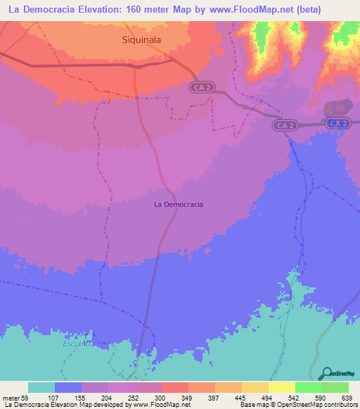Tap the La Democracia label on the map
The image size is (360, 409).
[x=179, y=204]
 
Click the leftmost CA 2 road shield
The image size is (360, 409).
[x=201, y=86]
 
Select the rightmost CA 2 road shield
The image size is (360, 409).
[x=338, y=124]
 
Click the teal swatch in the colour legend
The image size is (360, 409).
[x=41, y=388]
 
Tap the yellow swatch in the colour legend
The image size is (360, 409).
[x=281, y=388]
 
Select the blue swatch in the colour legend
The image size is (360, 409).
[x=68, y=388]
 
